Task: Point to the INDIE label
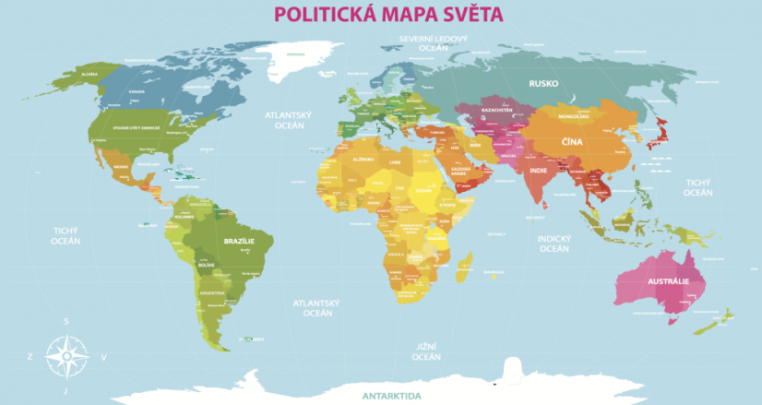(x=540, y=171)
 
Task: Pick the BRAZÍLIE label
(x=238, y=240)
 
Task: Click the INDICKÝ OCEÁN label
(x=554, y=243)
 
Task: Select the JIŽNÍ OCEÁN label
(x=426, y=351)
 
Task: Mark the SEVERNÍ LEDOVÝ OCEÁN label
(x=434, y=43)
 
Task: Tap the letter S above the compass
(x=65, y=322)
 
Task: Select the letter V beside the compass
(x=103, y=356)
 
